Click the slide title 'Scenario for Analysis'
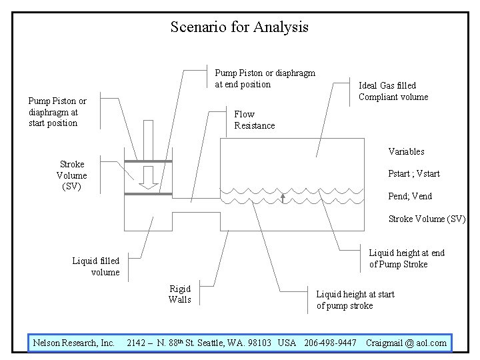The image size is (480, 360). pyautogui.click(x=239, y=27)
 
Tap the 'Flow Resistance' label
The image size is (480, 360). pyautogui.click(x=255, y=120)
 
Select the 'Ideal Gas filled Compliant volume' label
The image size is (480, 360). pyautogui.click(x=393, y=91)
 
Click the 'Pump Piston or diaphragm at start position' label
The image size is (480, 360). pyautogui.click(x=57, y=112)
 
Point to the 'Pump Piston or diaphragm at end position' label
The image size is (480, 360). pyautogui.click(x=265, y=79)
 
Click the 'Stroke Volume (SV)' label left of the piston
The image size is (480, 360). pyautogui.click(x=71, y=175)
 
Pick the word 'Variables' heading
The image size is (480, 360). pyautogui.click(x=406, y=151)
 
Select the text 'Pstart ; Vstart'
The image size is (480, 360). pyautogui.click(x=414, y=174)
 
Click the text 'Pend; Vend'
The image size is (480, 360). pyautogui.click(x=410, y=197)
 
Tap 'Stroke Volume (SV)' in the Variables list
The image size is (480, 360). pyautogui.click(x=427, y=219)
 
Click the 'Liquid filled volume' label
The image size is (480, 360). pyautogui.click(x=96, y=267)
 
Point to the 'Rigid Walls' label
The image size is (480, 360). pyautogui.click(x=180, y=294)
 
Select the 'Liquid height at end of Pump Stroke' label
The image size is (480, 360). pyautogui.click(x=407, y=259)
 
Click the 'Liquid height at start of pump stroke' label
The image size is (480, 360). pyautogui.click(x=355, y=300)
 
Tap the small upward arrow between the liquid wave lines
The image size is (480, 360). pyautogui.click(x=283, y=197)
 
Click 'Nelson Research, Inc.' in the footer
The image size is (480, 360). pyautogui.click(x=74, y=343)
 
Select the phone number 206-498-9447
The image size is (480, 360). pyautogui.click(x=330, y=343)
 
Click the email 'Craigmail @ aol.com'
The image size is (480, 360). pyautogui.click(x=406, y=343)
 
